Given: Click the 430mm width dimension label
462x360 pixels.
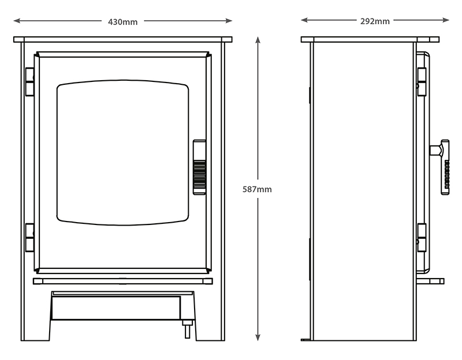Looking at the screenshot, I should (123, 22).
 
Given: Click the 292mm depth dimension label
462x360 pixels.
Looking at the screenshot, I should (375, 21).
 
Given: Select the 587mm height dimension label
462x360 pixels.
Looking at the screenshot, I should (258, 189).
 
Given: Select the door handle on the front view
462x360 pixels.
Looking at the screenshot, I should (199, 167).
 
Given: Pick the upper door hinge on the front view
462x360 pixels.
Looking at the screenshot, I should (29, 81).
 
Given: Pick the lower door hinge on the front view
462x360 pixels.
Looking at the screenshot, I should (29, 237).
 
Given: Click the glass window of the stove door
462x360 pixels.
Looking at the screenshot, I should (122, 152).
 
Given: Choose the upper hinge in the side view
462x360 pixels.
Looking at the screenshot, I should (422, 81).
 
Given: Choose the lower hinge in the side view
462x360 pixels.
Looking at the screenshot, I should (422, 237).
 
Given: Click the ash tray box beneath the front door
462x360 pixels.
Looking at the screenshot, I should (121, 306).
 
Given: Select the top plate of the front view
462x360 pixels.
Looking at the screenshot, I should (122, 40).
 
